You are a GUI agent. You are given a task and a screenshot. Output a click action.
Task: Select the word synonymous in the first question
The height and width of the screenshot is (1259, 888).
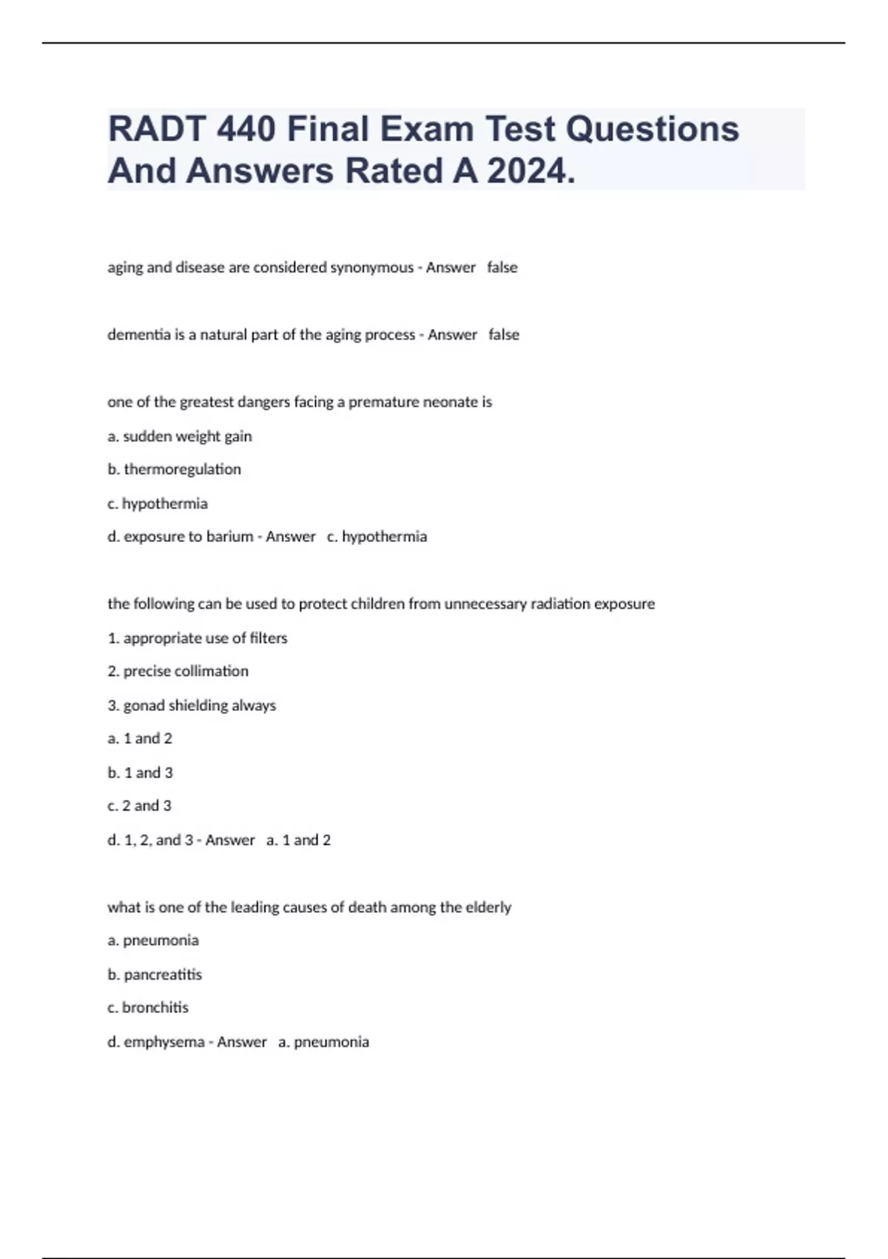coord(371,267)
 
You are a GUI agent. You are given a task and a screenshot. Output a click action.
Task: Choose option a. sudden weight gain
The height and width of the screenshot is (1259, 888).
coord(180,436)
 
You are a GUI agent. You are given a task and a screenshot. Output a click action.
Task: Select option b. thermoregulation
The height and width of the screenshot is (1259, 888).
coord(175,470)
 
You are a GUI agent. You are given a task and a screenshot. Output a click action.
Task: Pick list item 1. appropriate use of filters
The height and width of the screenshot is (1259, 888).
coord(198,638)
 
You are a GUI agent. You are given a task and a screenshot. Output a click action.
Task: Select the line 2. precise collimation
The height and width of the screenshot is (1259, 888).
coord(178,671)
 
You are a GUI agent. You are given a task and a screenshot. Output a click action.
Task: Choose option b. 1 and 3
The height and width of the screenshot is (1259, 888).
coord(140,772)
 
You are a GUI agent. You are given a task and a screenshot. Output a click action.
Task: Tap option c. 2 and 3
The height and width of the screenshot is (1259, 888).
coord(139,806)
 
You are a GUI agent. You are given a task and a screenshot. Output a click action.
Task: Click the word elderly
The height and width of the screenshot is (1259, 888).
coord(488,907)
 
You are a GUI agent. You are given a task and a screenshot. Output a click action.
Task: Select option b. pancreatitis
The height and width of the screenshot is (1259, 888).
coord(155,975)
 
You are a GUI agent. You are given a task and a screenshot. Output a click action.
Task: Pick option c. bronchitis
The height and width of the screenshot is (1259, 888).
coord(148,1008)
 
